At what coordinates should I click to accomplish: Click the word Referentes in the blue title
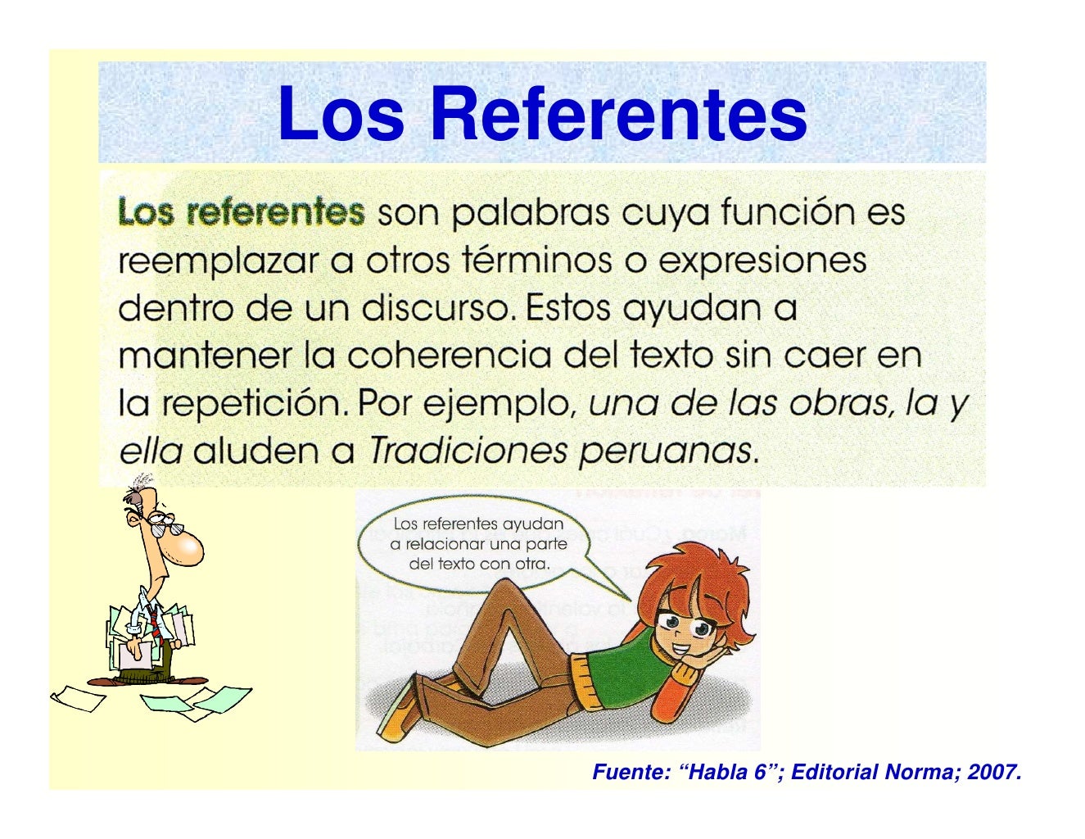(x=619, y=114)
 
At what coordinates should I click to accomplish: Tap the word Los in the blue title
(x=341, y=114)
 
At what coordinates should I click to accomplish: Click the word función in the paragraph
(x=787, y=213)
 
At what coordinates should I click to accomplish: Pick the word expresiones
(x=762, y=262)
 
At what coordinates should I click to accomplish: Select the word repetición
(x=256, y=403)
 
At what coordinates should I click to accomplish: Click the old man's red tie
(x=154, y=623)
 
